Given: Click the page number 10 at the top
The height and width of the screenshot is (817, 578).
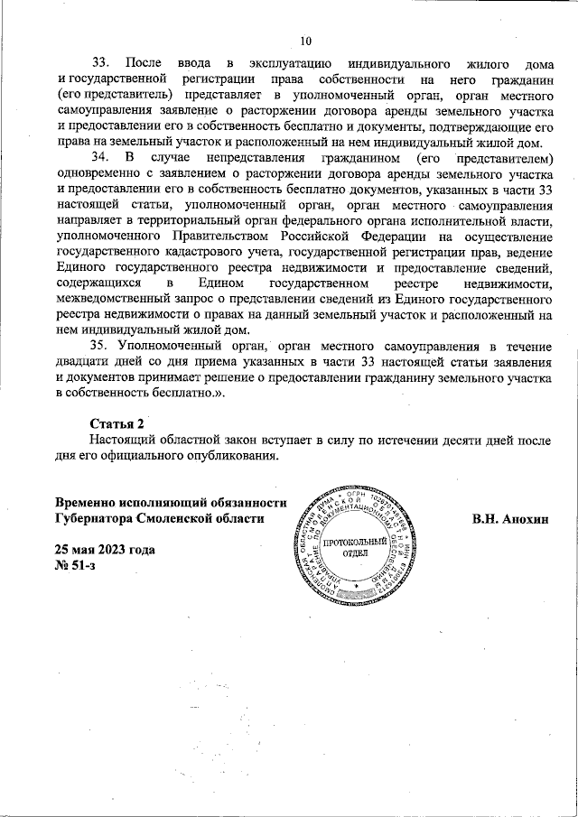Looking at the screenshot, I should point(304,40).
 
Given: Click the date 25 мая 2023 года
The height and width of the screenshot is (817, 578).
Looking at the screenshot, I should point(105,550).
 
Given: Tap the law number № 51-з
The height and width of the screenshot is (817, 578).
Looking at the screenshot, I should point(76,565).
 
